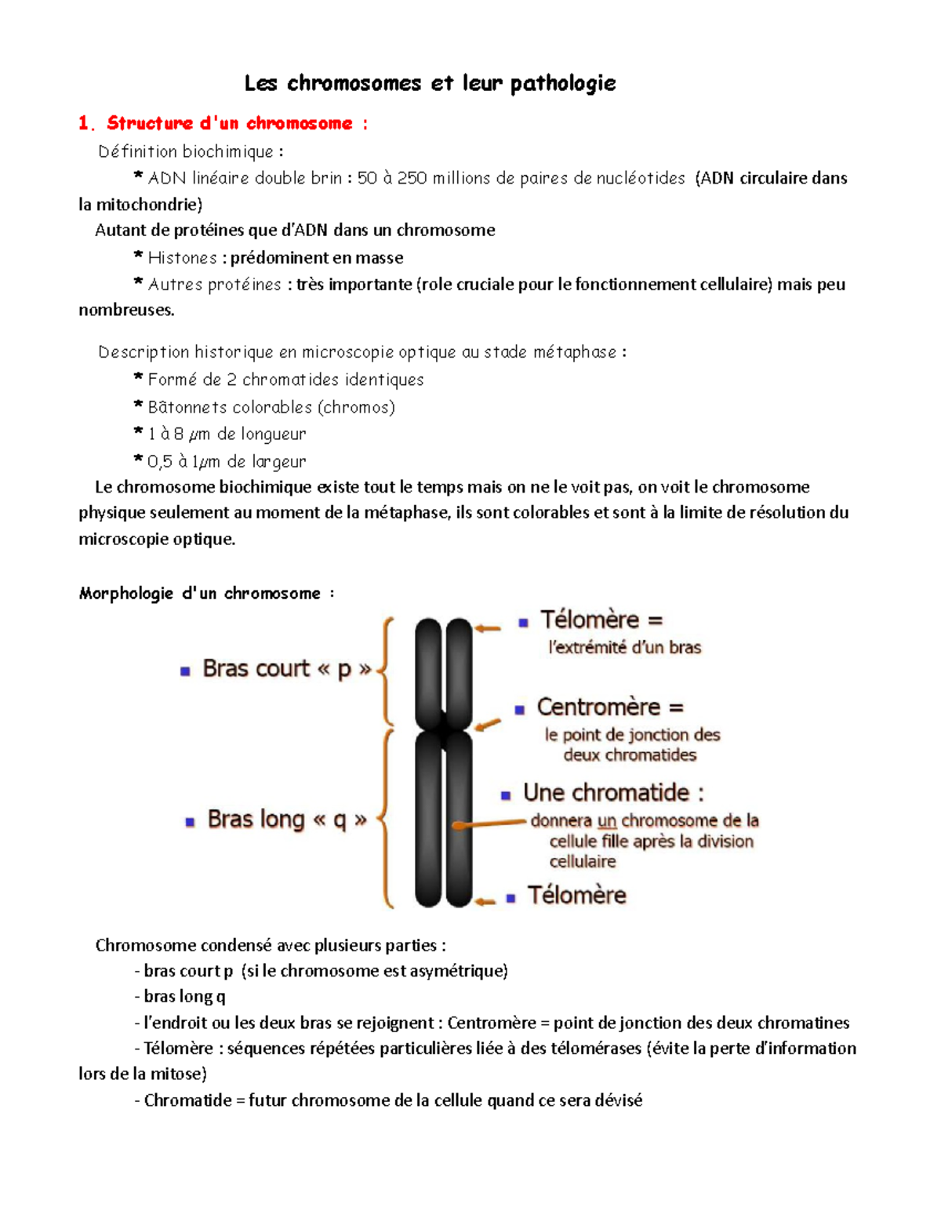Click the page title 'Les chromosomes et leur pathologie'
coord(430,83)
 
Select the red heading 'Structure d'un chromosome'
coord(230,123)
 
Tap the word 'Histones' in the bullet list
coord(182,258)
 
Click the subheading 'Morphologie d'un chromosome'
coord(200,594)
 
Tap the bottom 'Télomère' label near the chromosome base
coord(576,896)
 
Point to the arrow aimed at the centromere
coord(488,725)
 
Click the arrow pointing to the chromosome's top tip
coord(488,628)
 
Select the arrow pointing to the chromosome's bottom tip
coord(485,901)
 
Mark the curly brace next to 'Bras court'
coord(386,671)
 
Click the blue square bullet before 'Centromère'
coord(519,710)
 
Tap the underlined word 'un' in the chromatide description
coord(607,821)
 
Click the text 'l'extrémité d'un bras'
coord(624,648)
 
